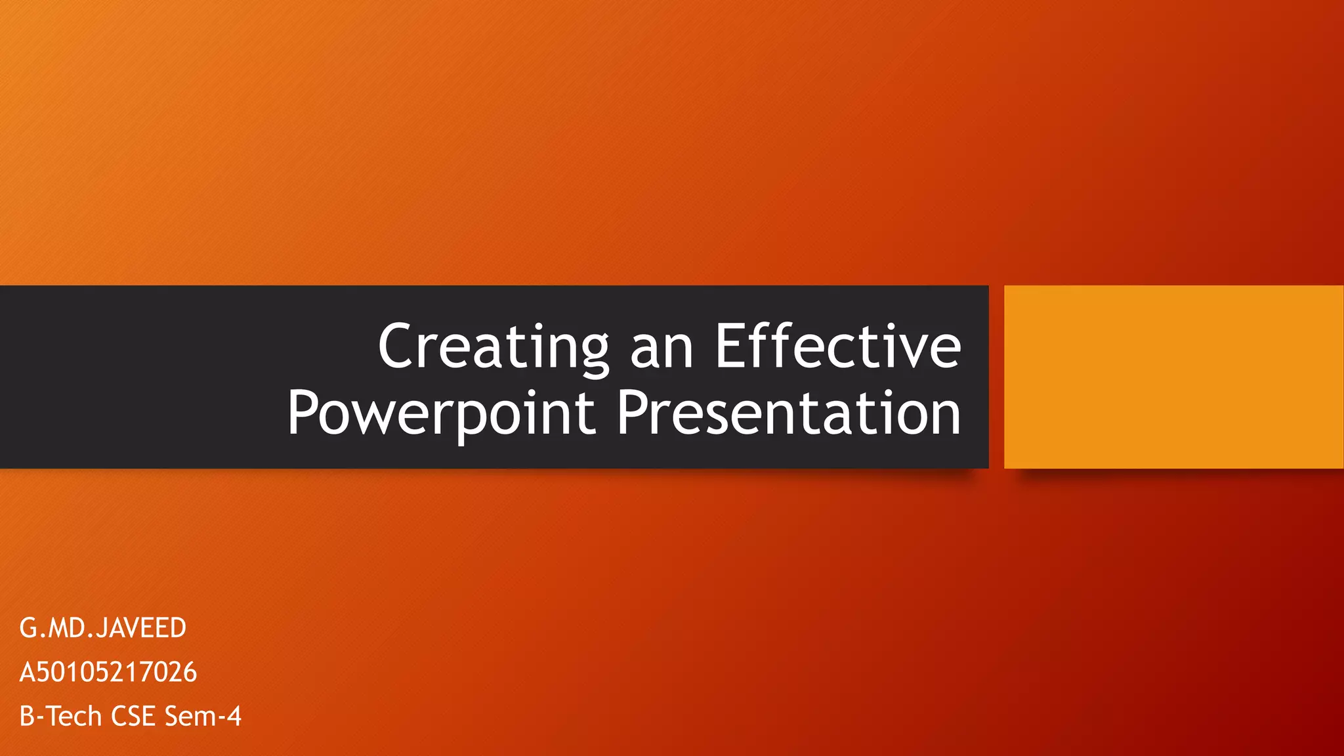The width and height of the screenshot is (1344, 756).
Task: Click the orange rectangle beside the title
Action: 1173,377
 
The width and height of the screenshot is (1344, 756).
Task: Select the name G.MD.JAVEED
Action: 103,628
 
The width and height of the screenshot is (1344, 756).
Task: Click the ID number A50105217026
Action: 108,672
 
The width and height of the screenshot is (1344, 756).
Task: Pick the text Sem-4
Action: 203,716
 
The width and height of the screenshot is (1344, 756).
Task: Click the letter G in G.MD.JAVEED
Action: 28,628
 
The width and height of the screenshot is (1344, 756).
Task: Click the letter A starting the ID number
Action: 27,672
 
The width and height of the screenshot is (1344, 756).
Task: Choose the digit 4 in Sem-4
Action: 234,716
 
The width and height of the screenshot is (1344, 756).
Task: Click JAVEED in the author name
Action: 141,628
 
